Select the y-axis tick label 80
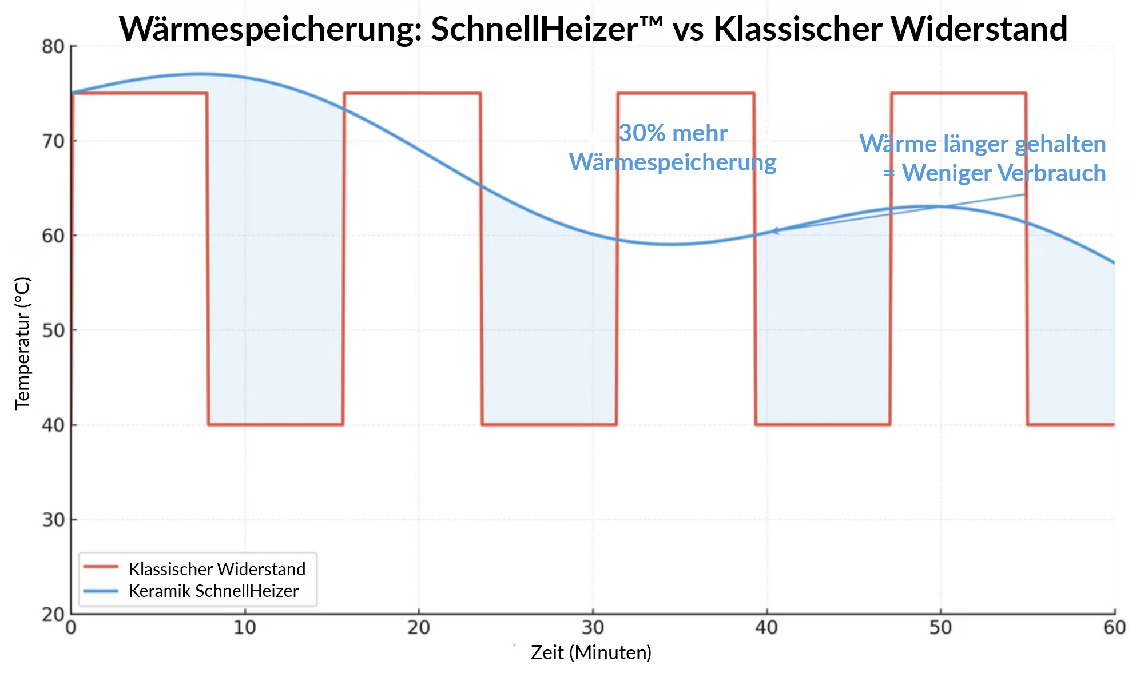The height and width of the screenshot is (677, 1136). click(53, 47)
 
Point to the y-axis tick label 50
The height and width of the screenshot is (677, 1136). click(53, 330)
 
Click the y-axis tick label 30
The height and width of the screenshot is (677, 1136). click(53, 520)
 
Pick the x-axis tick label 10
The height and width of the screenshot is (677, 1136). click(245, 628)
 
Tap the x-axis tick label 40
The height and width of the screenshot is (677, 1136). click(766, 628)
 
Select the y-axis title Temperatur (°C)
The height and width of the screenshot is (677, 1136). click(22, 343)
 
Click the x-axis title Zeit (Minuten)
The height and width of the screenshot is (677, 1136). click(591, 652)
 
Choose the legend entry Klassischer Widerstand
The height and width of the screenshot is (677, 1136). click(217, 569)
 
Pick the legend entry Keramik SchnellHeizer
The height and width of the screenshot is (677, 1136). click(213, 591)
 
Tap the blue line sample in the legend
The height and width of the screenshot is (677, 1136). click(101, 591)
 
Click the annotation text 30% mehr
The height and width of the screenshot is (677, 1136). click(673, 133)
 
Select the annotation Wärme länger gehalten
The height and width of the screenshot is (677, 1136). click(982, 144)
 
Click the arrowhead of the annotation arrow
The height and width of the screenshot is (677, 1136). click(775, 231)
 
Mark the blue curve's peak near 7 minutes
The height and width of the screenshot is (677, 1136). click(197, 74)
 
